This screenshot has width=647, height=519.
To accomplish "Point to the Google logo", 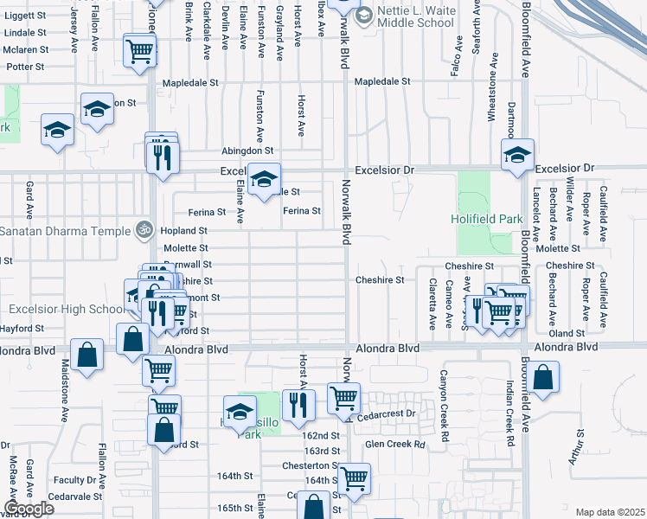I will pos(29,509).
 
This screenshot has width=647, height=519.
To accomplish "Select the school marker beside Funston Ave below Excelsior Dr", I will pos(265,180).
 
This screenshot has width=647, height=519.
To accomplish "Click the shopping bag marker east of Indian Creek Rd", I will pos(542,378).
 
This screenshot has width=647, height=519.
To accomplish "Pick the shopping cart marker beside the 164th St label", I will pos(354,478).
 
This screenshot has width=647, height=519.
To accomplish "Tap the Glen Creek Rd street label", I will pos(395,445).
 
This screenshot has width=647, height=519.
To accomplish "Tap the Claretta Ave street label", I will pos(432,304).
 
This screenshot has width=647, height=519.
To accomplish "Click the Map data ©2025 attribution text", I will pos(609,512).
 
